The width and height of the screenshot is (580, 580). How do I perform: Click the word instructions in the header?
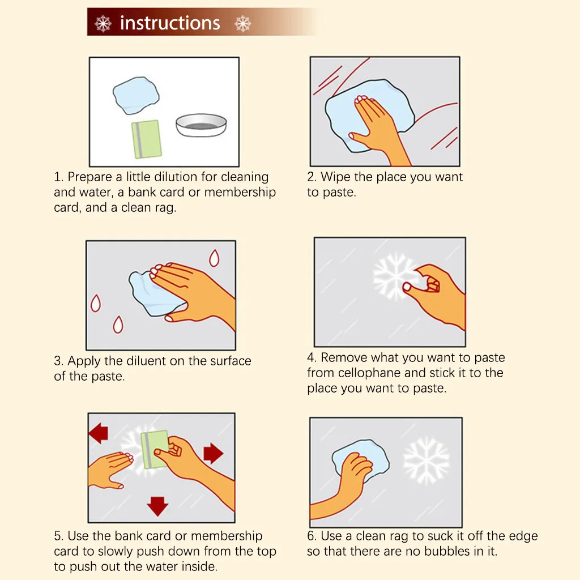pyautogui.click(x=170, y=23)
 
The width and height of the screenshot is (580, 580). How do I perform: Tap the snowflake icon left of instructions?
pyautogui.click(x=103, y=24)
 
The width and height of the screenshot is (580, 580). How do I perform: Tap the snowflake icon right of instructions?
pyautogui.click(x=242, y=24)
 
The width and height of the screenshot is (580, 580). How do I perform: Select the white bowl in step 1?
pyautogui.click(x=201, y=125)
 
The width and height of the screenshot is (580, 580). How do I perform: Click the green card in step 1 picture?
pyautogui.click(x=147, y=139)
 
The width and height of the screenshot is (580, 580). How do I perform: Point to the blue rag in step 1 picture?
pyautogui.click(x=136, y=95)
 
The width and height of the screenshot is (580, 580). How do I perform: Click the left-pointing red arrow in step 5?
pyautogui.click(x=99, y=433)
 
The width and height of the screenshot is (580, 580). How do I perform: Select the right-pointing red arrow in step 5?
pyautogui.click(x=214, y=453)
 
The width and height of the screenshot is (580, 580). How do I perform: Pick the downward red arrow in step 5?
pyautogui.click(x=157, y=506)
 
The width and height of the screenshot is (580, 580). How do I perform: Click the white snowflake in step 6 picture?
pyautogui.click(x=426, y=460)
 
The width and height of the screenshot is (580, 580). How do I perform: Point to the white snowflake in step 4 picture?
pyautogui.click(x=394, y=276)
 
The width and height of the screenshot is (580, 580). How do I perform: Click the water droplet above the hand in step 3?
pyautogui.click(x=214, y=258)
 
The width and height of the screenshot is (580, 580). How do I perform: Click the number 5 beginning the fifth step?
pyautogui.click(x=58, y=536)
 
